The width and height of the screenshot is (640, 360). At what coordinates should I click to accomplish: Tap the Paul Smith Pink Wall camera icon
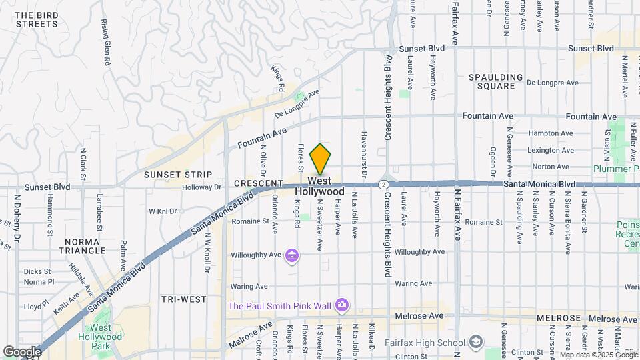(x=341, y=305)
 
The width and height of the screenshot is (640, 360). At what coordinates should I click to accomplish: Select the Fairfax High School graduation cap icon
(x=476, y=343)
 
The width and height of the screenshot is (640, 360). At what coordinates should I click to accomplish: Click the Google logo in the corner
(x=22, y=351)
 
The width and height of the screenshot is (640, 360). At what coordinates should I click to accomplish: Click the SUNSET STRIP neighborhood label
(x=178, y=175)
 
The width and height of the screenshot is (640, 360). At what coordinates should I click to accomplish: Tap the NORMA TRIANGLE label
(x=85, y=246)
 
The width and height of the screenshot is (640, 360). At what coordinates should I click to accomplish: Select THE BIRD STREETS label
(x=37, y=19)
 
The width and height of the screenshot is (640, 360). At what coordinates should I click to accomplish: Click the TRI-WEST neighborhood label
(x=183, y=299)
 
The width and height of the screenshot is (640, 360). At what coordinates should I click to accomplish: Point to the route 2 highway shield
(x=384, y=185)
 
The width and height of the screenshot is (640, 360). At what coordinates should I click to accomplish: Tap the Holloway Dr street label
(x=204, y=187)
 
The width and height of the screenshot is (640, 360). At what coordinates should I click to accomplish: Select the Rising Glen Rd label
(x=105, y=42)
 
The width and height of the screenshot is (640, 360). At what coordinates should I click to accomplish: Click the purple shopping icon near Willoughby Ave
(x=291, y=255)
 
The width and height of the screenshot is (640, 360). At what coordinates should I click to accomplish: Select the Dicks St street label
(x=37, y=271)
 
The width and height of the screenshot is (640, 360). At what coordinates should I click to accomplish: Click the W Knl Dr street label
(x=163, y=211)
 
